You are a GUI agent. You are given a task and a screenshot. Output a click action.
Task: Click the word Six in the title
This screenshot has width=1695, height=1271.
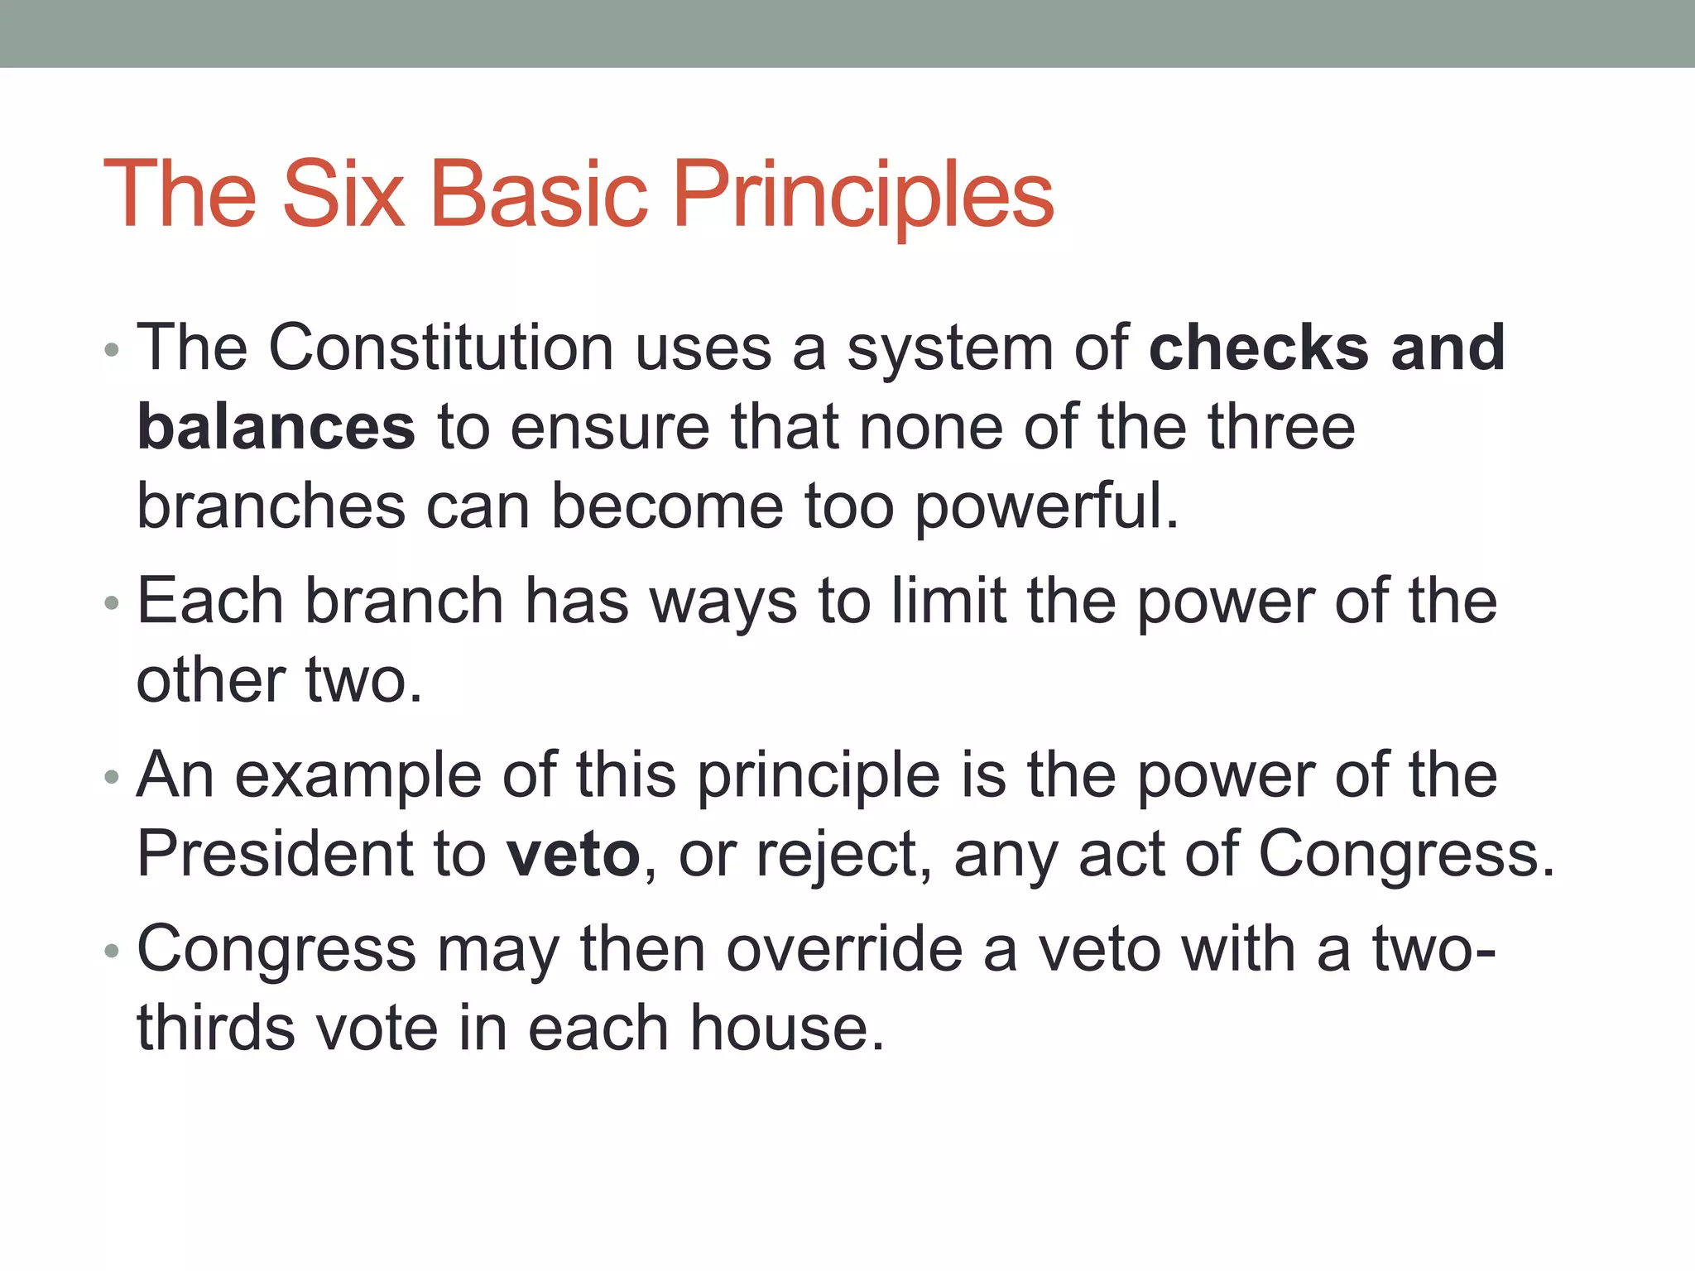(x=343, y=194)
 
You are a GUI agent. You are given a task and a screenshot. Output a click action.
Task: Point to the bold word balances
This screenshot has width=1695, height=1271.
(x=276, y=428)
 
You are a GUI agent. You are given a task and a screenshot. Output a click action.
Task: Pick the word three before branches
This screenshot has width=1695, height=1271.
(x=1281, y=428)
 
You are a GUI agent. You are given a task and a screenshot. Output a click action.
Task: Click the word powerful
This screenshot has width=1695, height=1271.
(x=1046, y=506)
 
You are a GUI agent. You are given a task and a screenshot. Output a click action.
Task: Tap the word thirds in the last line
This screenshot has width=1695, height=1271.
(x=216, y=1029)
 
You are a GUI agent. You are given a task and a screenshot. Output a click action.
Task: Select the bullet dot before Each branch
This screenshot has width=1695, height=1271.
(x=112, y=603)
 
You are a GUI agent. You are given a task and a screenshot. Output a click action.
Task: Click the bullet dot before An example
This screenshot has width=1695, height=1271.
(x=112, y=778)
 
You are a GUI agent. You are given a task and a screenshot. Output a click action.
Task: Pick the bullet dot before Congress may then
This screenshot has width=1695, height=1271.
(x=112, y=952)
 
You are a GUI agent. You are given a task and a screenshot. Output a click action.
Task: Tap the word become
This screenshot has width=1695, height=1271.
(x=667, y=506)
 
